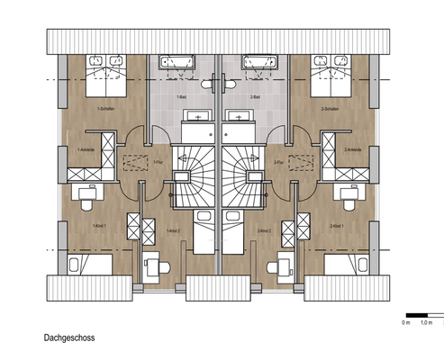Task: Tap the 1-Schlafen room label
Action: tap(108, 109)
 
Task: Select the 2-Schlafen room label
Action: tap(333, 109)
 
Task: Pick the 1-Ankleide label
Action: tap(88, 149)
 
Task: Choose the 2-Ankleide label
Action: tap(354, 149)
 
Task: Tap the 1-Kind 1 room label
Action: tap(101, 225)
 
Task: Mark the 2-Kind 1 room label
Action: tap(340, 225)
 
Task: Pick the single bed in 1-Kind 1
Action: tap(90, 264)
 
